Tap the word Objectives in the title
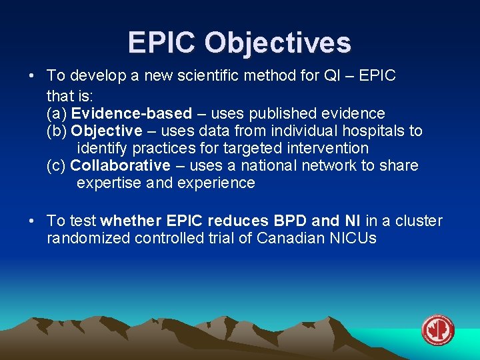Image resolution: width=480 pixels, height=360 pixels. pyautogui.click(x=277, y=43)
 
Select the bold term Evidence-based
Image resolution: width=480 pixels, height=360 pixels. pyautogui.click(x=131, y=113)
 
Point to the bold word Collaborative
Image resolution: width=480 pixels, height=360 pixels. pyautogui.click(x=120, y=165)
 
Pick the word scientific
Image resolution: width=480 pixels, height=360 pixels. pyautogui.click(x=207, y=76)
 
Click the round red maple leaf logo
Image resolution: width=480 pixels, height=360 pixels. pyautogui.click(x=437, y=330)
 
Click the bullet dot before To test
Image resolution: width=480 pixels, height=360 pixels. pyautogui.click(x=33, y=221)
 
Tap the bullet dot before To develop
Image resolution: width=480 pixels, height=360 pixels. pyautogui.click(x=33, y=76)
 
